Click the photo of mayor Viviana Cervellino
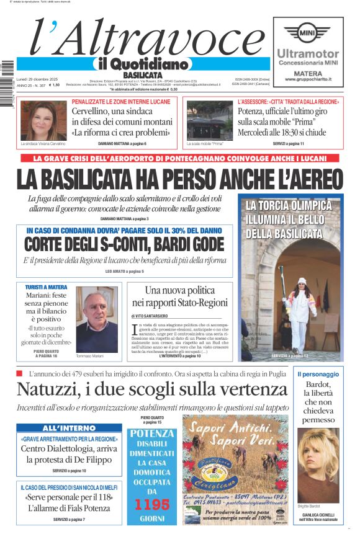[43, 120]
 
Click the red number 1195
[152, 504]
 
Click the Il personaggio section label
[318, 374]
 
